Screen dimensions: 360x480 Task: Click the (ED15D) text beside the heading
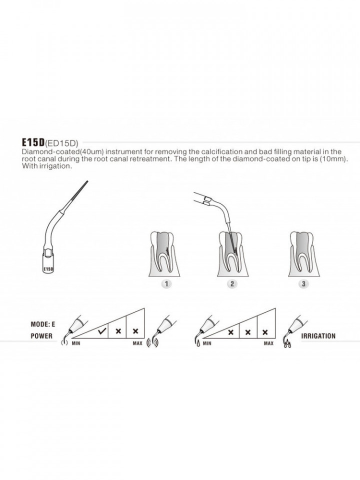[61, 142]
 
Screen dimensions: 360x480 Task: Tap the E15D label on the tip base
[48, 269]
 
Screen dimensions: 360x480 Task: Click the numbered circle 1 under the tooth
[166, 284]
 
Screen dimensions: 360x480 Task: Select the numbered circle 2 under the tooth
[231, 284]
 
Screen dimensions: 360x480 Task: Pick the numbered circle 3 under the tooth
[303, 284]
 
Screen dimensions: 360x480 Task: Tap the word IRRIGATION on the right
[318, 336]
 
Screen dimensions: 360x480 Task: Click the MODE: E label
[43, 324]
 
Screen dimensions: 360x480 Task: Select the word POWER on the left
[41, 336]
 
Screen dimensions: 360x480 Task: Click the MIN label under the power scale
[76, 343]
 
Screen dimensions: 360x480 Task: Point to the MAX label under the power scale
[137, 343]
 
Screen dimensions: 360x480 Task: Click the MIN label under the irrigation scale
[207, 343]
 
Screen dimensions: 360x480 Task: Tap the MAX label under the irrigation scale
[268, 343]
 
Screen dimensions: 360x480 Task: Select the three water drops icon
[286, 344]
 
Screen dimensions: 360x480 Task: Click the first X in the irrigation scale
[231, 332]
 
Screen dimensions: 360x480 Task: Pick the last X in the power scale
[135, 331]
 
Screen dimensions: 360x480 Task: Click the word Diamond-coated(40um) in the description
[63, 152]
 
